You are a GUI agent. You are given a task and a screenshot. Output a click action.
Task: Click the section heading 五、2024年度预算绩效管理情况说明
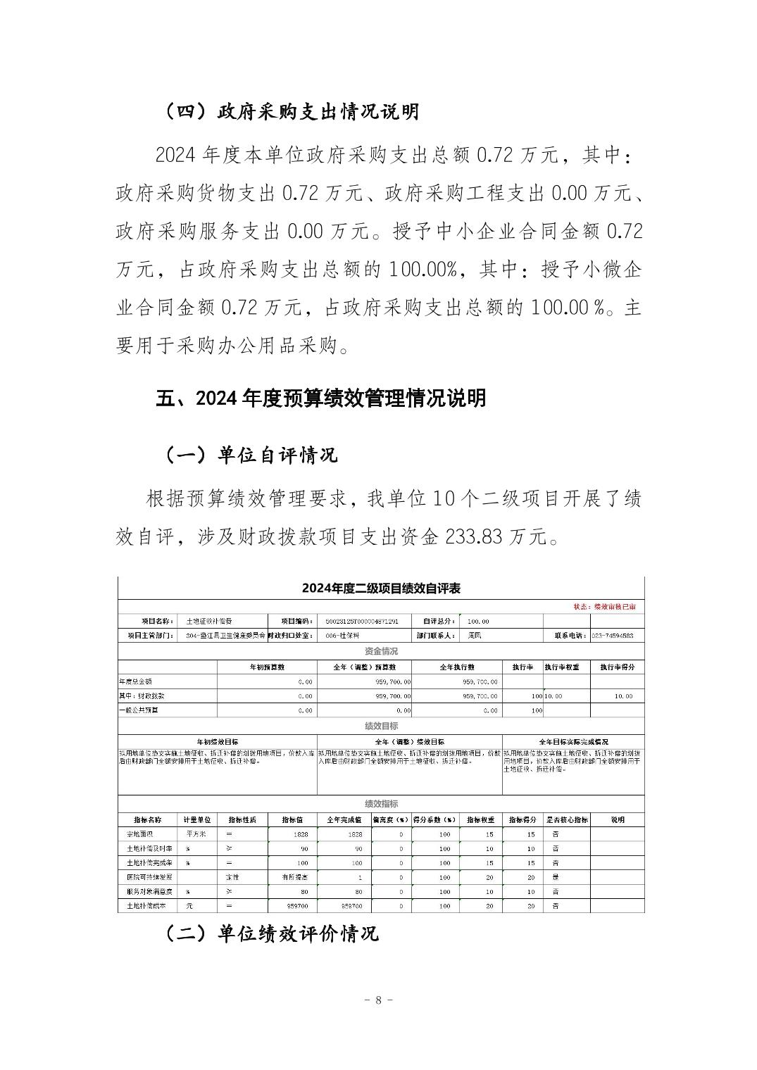click(320, 398)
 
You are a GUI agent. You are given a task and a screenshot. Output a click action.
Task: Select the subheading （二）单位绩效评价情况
click(271, 933)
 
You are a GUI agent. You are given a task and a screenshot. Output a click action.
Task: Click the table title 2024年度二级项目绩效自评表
click(381, 588)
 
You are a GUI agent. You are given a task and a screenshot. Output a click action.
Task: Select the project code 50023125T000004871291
click(363, 622)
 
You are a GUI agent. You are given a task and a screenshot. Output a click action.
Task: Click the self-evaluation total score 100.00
click(478, 622)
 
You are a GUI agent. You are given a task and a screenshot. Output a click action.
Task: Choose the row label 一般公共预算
click(139, 711)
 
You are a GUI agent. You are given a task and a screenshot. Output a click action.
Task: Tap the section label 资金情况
click(381, 651)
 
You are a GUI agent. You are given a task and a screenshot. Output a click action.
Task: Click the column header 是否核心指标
click(567, 819)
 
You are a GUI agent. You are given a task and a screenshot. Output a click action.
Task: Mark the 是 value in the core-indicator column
click(556, 877)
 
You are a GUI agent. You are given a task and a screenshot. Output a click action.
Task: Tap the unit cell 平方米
click(196, 833)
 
